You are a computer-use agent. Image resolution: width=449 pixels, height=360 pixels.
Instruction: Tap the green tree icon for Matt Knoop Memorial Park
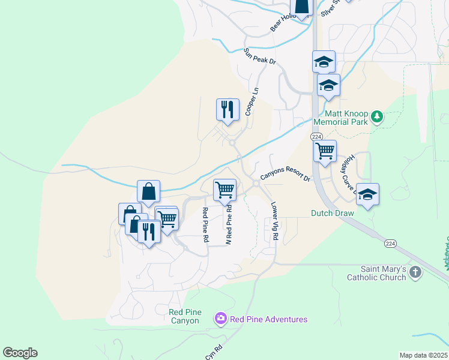377,116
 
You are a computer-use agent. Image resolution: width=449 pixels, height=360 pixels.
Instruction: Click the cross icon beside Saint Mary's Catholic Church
415,274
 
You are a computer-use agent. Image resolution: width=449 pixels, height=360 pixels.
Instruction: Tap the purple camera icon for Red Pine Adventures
220,318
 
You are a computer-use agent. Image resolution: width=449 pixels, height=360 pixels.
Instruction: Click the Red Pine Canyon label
185,316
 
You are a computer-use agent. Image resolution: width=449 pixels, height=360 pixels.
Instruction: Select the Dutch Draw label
333,213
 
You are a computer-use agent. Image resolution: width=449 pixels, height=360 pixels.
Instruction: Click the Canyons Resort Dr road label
285,174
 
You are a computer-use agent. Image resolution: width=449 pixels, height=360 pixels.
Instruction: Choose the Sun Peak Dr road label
259,58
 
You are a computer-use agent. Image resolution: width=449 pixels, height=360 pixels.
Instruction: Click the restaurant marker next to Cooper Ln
228,109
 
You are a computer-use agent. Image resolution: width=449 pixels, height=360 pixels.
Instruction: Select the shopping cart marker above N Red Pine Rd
224,190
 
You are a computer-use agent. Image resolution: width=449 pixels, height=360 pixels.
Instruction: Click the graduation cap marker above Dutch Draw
367,194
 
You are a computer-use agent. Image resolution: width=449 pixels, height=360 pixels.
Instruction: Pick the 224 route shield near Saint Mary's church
390,243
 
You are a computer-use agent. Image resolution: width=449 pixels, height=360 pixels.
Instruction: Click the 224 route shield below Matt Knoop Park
316,137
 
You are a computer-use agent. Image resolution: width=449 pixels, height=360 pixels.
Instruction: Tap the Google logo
20,353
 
